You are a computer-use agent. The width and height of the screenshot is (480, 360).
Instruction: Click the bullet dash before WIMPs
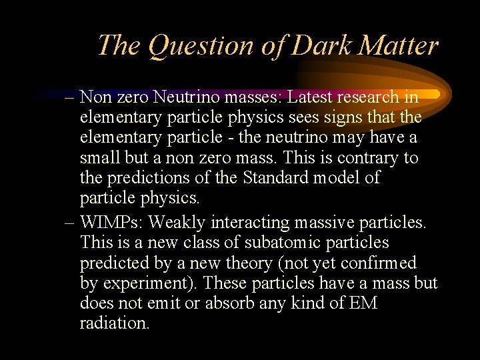(x=69, y=223)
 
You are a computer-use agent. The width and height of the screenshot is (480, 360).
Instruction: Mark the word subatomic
(x=296, y=243)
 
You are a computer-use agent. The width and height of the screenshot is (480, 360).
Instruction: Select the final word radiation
(x=115, y=323)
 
